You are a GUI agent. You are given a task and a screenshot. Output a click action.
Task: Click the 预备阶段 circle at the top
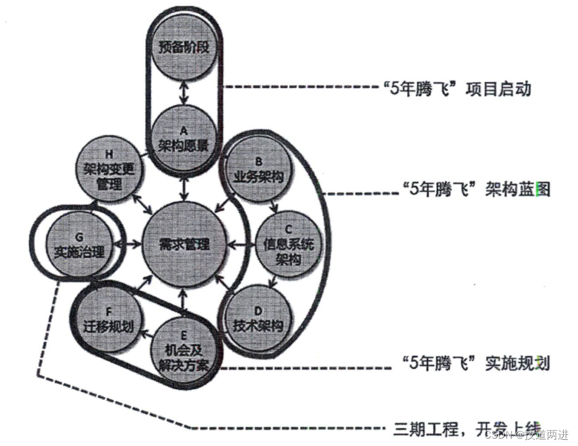tap(182, 47)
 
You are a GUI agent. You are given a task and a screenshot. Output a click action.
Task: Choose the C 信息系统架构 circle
tap(288, 244)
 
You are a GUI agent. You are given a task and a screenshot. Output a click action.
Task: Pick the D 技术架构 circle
tap(258, 318)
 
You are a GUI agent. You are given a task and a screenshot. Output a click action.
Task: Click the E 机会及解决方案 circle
tap(182, 349)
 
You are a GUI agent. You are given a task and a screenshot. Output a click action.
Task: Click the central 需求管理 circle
tap(182, 244)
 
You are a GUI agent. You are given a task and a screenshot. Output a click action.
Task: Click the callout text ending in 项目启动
tap(456, 89)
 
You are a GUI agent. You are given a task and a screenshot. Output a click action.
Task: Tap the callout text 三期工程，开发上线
tap(467, 427)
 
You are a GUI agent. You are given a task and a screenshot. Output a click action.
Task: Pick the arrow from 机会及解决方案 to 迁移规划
tap(145, 334)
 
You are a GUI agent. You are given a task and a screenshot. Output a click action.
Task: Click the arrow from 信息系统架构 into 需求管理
tap(239, 245)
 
